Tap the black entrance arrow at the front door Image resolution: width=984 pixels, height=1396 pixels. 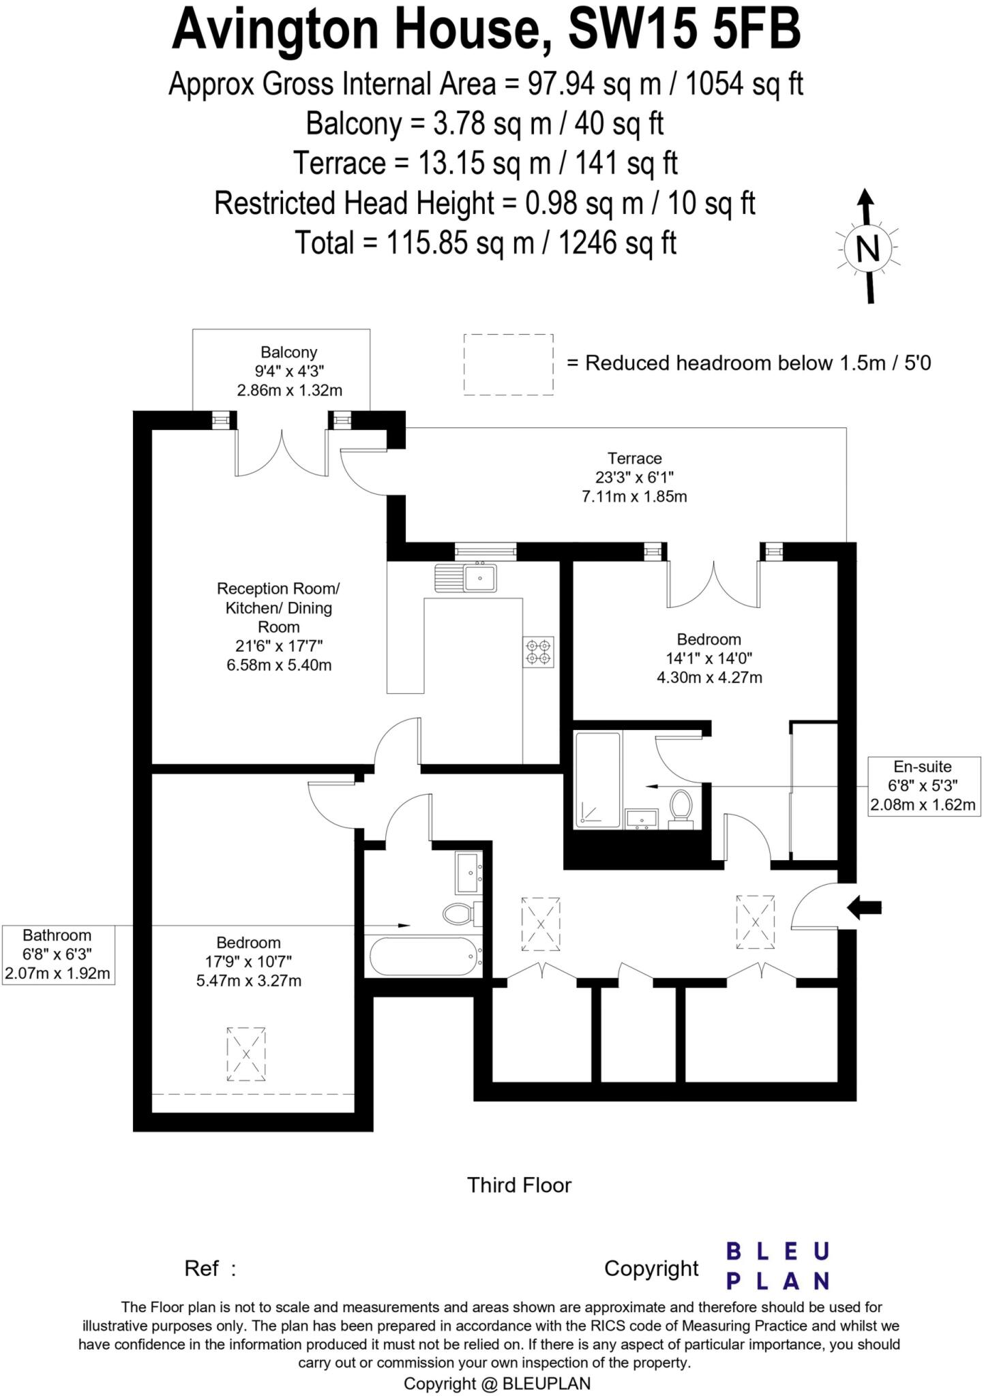pyautogui.click(x=864, y=907)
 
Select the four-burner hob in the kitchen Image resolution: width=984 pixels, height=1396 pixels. pyautogui.click(x=539, y=651)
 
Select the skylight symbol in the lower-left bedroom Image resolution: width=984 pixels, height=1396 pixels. pyautogui.click(x=246, y=1053)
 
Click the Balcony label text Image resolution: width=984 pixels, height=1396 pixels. pyautogui.click(x=289, y=352)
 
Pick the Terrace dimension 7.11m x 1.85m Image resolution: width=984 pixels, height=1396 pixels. pyautogui.click(x=634, y=496)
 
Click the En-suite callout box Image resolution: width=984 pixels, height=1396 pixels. pyautogui.click(x=923, y=785)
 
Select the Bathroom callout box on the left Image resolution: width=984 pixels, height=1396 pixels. pyautogui.click(x=57, y=954)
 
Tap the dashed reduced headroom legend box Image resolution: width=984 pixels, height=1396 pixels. pyautogui.click(x=508, y=365)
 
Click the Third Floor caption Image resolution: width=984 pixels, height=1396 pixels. pyautogui.click(x=519, y=1185)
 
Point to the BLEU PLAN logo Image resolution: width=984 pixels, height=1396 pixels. pyautogui.click(x=777, y=1266)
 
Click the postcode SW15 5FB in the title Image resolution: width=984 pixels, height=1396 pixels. pyautogui.click(x=684, y=31)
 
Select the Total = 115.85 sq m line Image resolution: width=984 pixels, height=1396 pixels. pyautogui.click(x=485, y=243)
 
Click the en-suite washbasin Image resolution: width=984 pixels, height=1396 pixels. pyautogui.click(x=641, y=818)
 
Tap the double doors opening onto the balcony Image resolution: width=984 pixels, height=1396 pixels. pyautogui.click(x=282, y=453)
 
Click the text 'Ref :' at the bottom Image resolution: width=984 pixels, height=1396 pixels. pyautogui.click(x=210, y=1269)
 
